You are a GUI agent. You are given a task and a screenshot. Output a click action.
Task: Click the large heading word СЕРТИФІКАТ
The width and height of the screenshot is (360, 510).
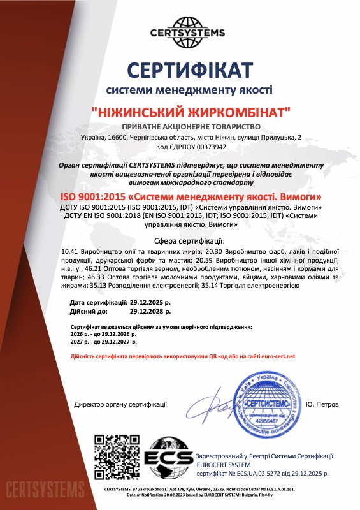[x=189, y=68]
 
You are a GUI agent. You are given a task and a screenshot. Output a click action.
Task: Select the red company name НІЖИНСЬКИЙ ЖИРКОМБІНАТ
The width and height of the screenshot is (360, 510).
[x=191, y=112]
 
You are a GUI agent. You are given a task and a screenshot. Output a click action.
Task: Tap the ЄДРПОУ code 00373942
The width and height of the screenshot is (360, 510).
[x=205, y=147]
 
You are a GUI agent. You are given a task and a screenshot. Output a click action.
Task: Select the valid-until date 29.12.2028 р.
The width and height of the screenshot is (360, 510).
[x=150, y=312]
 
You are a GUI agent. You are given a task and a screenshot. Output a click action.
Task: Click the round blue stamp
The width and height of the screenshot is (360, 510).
[x=261, y=404]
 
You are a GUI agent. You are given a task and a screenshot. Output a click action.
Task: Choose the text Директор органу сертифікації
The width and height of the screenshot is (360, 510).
[x=120, y=404]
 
